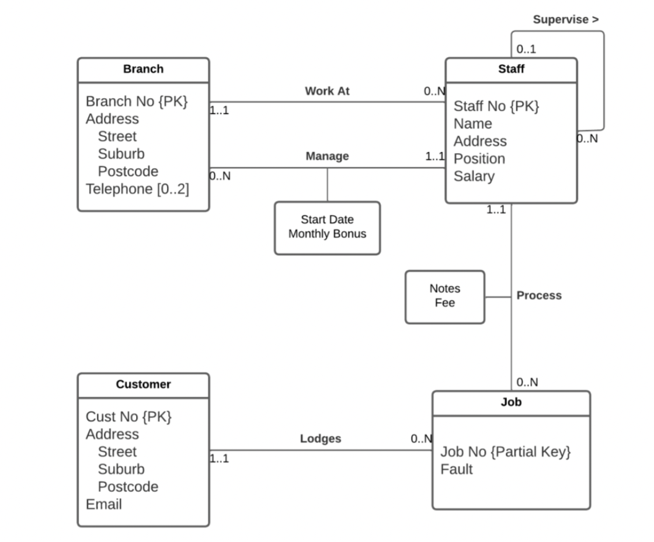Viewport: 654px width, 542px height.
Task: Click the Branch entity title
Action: click(x=143, y=69)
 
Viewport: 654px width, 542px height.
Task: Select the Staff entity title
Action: click(x=511, y=69)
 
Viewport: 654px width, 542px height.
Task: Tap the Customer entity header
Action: click(x=143, y=384)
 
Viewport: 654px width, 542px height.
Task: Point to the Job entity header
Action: click(x=511, y=402)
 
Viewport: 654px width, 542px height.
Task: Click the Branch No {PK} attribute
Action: click(x=137, y=101)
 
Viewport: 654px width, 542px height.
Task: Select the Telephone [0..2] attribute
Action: click(x=137, y=189)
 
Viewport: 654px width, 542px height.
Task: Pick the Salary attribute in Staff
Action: click(x=474, y=176)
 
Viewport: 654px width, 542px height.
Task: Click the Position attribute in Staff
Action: click(x=479, y=159)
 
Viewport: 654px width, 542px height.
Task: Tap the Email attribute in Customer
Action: click(x=103, y=504)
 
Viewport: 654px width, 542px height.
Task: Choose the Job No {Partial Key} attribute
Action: click(x=505, y=451)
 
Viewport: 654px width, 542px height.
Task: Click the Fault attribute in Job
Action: click(x=456, y=469)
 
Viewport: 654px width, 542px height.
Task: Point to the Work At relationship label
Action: click(x=327, y=91)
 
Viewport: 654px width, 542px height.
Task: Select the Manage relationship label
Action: click(x=327, y=156)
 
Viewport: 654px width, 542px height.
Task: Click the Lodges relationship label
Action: click(x=321, y=439)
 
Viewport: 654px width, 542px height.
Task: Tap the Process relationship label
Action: click(x=539, y=296)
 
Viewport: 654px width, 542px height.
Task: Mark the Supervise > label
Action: click(x=565, y=20)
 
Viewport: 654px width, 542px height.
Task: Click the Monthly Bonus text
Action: click(x=327, y=234)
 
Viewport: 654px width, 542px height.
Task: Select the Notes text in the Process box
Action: click(x=444, y=289)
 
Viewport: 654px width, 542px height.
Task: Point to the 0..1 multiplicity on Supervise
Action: click(x=526, y=49)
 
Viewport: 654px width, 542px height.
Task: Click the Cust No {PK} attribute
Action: click(x=128, y=416)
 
